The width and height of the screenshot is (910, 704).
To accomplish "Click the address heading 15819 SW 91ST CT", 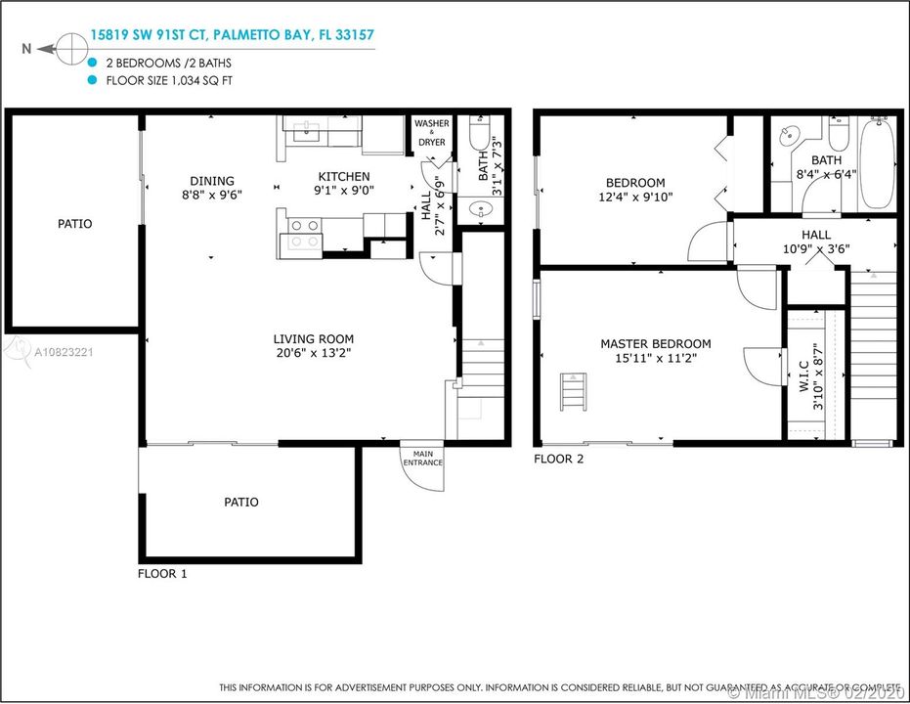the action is (148, 35).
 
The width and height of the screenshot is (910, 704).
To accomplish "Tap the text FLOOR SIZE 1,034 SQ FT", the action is (169, 81).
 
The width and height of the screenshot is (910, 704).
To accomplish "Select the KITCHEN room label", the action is (344, 176).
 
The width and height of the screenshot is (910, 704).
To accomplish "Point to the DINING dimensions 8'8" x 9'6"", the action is (212, 195).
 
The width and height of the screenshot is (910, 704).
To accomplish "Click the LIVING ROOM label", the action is (314, 339).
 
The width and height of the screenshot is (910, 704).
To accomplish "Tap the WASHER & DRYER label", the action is (432, 133).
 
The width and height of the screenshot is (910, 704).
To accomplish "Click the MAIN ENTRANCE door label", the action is (423, 459).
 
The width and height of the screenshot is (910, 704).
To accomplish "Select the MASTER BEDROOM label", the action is (656, 343).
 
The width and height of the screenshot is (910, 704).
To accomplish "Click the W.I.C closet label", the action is (804, 376).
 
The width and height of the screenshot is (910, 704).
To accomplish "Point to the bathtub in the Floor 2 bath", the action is (877, 162).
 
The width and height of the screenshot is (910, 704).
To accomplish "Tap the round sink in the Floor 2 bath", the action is (790, 137).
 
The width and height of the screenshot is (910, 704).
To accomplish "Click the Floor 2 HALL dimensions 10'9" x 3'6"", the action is (816, 249).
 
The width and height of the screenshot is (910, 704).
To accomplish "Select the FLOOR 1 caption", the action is (162, 574).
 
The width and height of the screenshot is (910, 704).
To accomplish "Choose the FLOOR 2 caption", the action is (559, 460).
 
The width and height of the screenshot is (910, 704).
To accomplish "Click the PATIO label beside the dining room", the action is (75, 224).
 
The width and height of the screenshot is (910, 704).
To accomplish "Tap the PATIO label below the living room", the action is (241, 502).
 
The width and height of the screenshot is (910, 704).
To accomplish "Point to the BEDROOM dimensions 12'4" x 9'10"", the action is (635, 198).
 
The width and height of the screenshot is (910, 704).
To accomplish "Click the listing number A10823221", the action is (64, 352).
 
